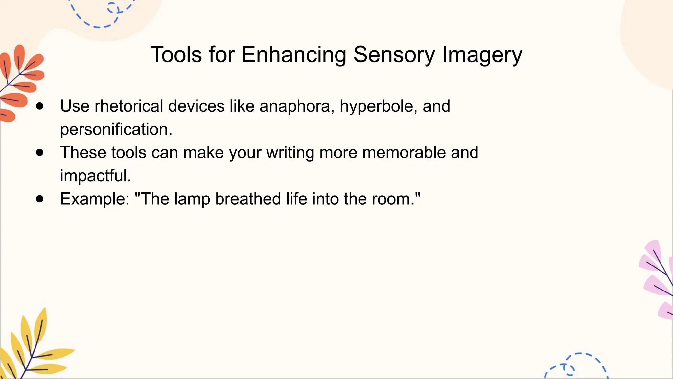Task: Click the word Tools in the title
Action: (176, 55)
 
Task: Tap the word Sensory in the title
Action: (394, 55)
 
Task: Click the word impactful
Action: (96, 176)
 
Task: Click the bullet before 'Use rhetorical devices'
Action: (40, 106)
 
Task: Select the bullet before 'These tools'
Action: (40, 153)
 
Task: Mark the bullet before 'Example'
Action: (40, 199)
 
